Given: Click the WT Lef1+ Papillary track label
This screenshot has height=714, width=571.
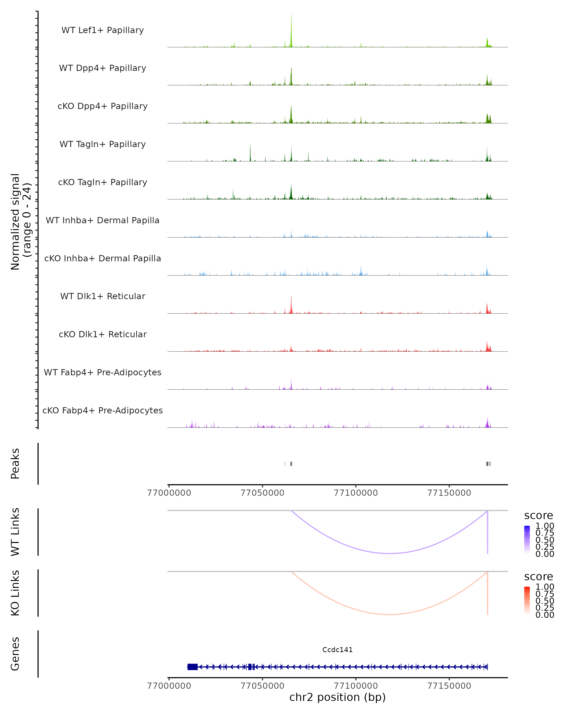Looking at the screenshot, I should pyautogui.click(x=103, y=30).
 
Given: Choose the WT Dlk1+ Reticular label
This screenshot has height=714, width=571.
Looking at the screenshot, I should pyautogui.click(x=103, y=296).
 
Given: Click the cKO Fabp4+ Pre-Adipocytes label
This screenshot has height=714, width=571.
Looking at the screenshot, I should pyautogui.click(x=103, y=410).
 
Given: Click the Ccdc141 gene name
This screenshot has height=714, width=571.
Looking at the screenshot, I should pyautogui.click(x=337, y=650).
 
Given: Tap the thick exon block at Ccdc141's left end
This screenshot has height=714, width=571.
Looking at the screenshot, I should pyautogui.click(x=192, y=667).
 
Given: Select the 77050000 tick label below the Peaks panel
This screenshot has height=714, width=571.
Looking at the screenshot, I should pyautogui.click(x=262, y=493).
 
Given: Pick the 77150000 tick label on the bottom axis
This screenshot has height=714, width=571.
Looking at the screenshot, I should pyautogui.click(x=449, y=686).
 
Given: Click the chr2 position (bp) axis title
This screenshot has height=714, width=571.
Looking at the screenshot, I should pyautogui.click(x=337, y=697).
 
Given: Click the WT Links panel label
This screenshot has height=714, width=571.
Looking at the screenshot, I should pyautogui.click(x=15, y=532).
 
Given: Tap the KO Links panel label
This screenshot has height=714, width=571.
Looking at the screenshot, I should pyautogui.click(x=15, y=593).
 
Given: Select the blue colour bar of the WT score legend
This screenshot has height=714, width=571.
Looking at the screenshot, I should pyautogui.click(x=527, y=539).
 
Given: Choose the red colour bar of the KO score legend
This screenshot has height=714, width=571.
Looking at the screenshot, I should pyautogui.click(x=527, y=600).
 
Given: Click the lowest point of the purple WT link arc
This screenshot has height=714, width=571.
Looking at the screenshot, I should pyautogui.click(x=390, y=553).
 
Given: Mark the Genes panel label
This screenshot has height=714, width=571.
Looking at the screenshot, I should pyautogui.click(x=15, y=654).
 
